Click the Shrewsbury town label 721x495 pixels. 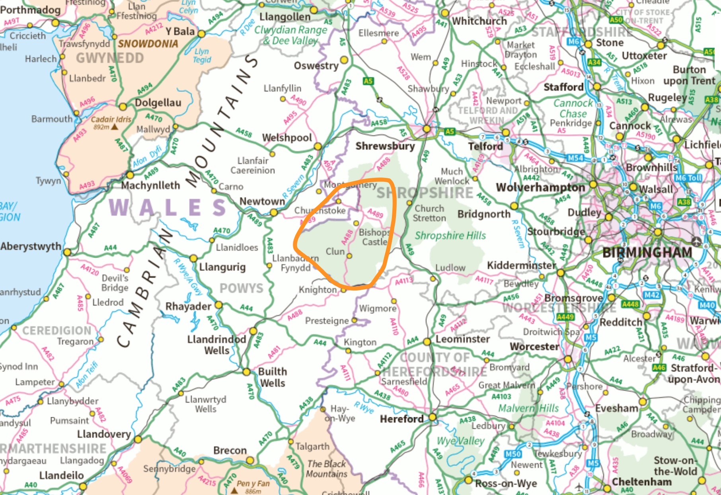click(x=385, y=146)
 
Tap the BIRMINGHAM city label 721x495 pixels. click(x=647, y=252)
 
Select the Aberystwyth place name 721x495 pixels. click(x=31, y=246)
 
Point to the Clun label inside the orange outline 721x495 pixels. click(x=335, y=251)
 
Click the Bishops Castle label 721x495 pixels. click(x=374, y=237)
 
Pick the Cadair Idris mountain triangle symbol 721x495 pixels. click(x=115, y=127)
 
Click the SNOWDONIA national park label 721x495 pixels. click(x=148, y=44)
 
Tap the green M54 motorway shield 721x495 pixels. click(x=575, y=158)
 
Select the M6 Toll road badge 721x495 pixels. click(x=688, y=178)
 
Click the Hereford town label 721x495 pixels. click(x=401, y=419)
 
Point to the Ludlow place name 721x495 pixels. click(x=450, y=268)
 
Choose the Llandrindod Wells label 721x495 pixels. click(x=216, y=345)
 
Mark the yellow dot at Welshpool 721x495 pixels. click(x=318, y=146)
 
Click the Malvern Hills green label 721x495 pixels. click(x=528, y=408)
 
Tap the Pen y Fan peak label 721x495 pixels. click(x=253, y=483)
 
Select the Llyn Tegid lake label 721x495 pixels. click(x=202, y=56)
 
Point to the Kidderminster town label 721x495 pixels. click(x=521, y=265)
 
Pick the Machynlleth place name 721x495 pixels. click(x=150, y=185)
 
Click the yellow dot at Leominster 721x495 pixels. click(x=427, y=341)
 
